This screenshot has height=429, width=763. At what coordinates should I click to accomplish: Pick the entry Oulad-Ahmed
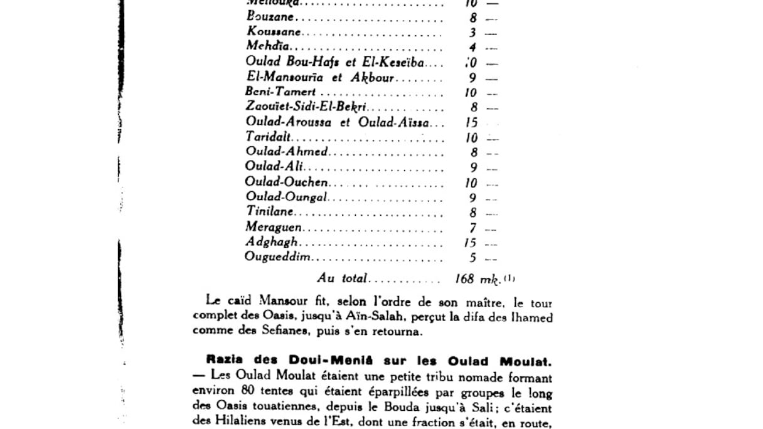[x=286, y=152]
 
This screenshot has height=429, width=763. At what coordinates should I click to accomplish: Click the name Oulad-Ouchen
[x=287, y=183]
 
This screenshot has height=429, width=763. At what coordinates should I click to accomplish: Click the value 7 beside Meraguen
[x=473, y=228]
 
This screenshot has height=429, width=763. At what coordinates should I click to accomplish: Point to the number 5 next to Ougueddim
[x=473, y=258]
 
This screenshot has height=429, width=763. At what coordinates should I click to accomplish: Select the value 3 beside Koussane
[x=473, y=33]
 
